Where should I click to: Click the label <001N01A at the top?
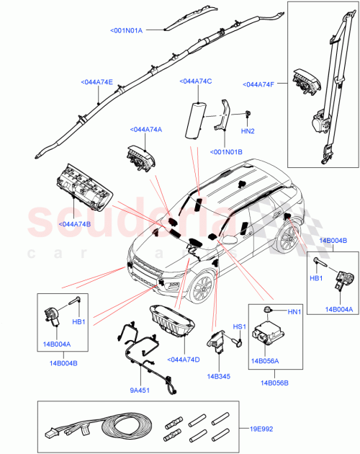coord(127,30)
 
